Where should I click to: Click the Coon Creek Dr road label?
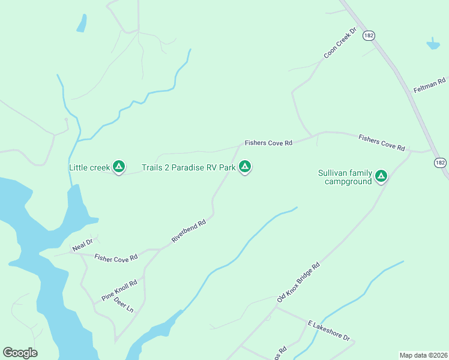pos(340,43)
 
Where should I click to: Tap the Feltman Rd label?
pos(430,85)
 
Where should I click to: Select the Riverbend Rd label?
pos(188,231)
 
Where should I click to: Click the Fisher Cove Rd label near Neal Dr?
pos(116,257)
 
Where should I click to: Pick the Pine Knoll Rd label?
pos(119,290)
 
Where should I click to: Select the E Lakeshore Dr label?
pos(328,331)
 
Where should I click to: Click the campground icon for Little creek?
pos(119,166)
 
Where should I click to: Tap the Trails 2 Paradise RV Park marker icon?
pos(244,166)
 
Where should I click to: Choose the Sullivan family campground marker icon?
pos(381,176)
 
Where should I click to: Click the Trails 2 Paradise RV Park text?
pos(188,167)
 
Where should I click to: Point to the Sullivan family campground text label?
pos(345,177)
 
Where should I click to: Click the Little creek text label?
pos(89,167)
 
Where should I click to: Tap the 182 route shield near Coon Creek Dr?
pos(369,36)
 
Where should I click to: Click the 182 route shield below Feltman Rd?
pos(441,163)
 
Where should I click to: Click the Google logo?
pos(20,353)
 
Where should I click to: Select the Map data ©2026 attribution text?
pos(423,355)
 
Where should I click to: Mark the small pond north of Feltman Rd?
pos(433,44)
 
